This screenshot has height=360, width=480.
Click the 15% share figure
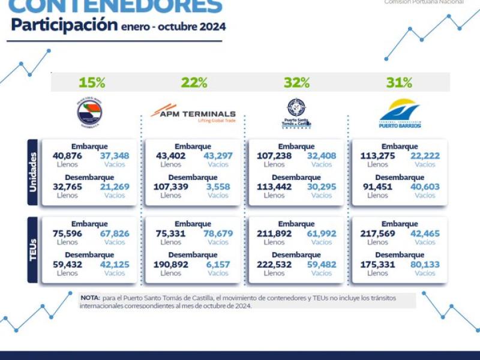(x=92, y=83)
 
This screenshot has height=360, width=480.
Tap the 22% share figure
(x=194, y=83)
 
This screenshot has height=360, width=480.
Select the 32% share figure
(x=296, y=83)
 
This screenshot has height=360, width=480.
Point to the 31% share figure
(x=399, y=83)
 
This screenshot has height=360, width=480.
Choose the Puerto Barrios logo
(x=400, y=113)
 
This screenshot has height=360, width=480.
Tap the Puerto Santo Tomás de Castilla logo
(x=296, y=113)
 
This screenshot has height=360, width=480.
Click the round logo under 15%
(x=90, y=113)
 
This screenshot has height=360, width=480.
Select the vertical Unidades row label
(x=34, y=173)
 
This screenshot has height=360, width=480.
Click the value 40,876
(x=67, y=156)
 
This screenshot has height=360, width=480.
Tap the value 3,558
(x=218, y=187)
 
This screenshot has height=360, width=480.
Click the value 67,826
(x=115, y=233)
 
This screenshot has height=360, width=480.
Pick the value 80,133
(x=425, y=265)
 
